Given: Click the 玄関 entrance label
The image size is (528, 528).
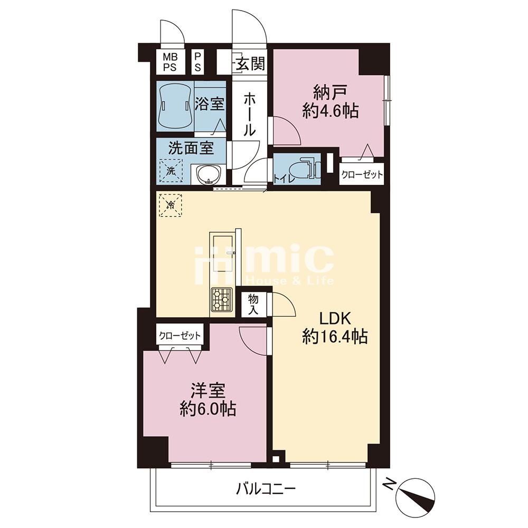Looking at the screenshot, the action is click(250, 63).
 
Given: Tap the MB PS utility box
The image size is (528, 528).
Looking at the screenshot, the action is click(171, 62).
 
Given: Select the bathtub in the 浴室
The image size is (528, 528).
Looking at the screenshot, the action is click(175, 106).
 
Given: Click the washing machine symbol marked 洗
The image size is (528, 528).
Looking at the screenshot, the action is click(171, 171).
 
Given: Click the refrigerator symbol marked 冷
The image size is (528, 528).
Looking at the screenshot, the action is click(171, 205).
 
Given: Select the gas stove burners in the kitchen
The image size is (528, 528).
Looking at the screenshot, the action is click(221, 300).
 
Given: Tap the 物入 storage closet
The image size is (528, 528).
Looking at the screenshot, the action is click(253, 304).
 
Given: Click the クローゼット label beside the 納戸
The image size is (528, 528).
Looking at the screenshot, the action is click(362, 174).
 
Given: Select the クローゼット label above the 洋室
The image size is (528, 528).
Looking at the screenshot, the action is click(180, 335).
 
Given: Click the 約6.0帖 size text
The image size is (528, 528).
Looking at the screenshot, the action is click(208, 409).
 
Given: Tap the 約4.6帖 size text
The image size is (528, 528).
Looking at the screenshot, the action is click(330, 110).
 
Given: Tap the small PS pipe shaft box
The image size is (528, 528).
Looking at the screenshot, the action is click(197, 62).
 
